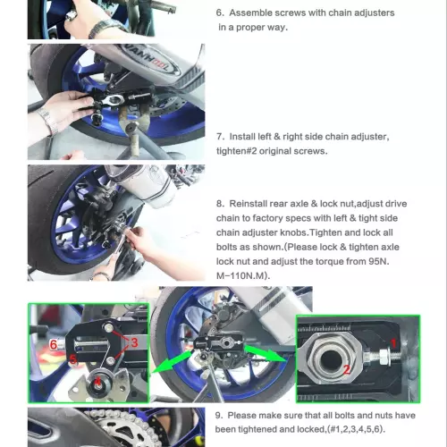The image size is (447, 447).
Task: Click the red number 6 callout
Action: point(54,344)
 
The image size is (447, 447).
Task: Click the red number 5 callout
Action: point(72,359)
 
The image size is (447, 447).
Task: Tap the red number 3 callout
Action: point(134,342)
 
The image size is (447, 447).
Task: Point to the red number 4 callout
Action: point(97,381)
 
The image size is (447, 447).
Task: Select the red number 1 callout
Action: point(393,343)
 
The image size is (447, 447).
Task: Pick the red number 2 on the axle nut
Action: point(347,370)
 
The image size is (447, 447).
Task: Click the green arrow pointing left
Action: point(172,362)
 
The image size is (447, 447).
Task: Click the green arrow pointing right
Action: point(266,353)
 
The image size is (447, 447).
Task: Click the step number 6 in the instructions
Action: point(220,13)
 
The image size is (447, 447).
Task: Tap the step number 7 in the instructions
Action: point(220,137)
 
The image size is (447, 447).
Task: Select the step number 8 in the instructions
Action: point(220,204)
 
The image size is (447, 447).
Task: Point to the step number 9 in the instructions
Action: point(219,416)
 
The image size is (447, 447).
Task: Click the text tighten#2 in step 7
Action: point(236,151)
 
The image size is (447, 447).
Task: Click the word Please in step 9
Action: point(242,416)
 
